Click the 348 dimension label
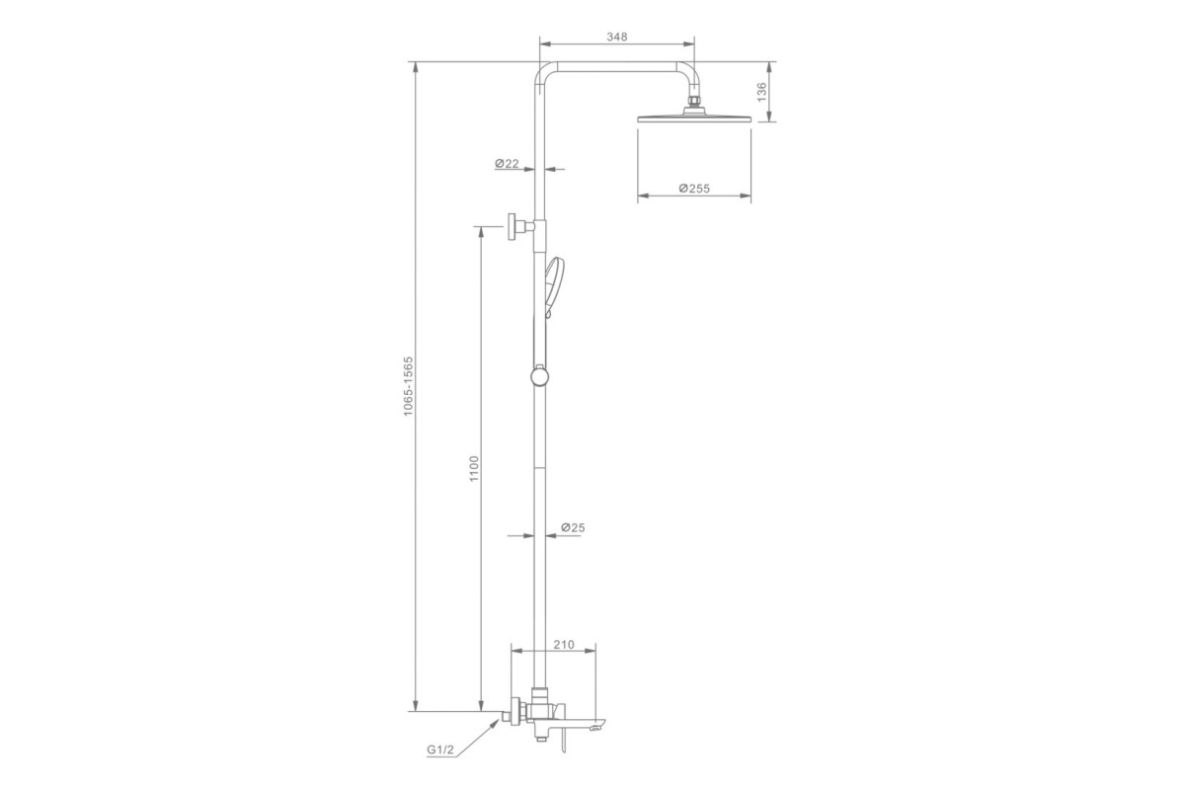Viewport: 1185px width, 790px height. point(617,37)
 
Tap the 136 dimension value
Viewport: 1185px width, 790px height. point(761,92)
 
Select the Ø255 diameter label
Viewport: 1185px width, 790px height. point(694,188)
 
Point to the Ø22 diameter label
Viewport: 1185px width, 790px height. point(507,164)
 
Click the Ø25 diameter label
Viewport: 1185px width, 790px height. point(573,527)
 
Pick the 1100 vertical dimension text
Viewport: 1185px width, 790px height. point(474,468)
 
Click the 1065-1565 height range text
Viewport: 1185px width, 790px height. point(408,386)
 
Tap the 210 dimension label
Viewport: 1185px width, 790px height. point(564,645)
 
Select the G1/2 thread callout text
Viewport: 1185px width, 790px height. point(440,750)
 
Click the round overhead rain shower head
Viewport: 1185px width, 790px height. point(694,118)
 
